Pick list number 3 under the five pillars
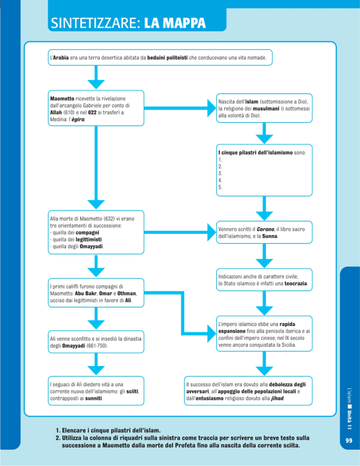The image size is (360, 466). tap(221, 173)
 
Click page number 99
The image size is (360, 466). tap(348, 440)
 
